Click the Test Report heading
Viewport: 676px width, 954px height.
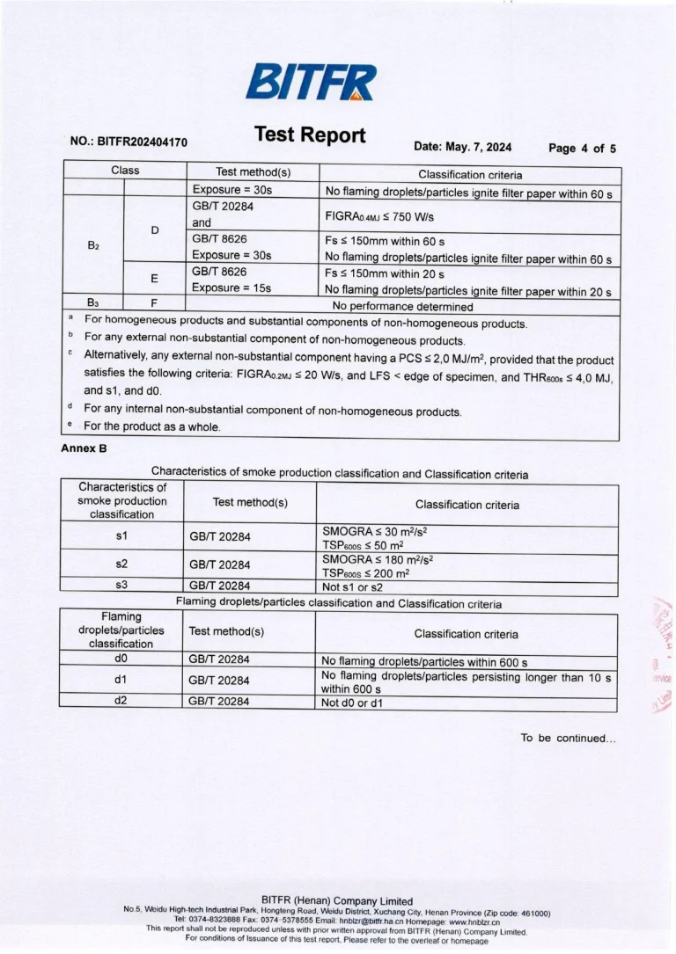(x=309, y=135)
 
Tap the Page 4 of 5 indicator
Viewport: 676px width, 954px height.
(x=582, y=148)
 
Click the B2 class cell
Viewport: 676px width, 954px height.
(x=93, y=245)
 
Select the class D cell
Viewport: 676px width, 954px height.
(x=155, y=230)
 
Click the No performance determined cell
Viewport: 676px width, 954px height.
(x=402, y=307)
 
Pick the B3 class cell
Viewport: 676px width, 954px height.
(x=93, y=302)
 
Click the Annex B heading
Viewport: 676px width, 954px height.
(x=84, y=448)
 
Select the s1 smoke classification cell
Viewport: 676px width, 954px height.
(x=122, y=535)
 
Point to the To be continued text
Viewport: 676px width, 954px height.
(x=568, y=738)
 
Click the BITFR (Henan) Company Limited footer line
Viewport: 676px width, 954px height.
(x=337, y=900)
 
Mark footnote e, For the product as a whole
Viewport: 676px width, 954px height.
(x=151, y=426)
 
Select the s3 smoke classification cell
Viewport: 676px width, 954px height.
(x=122, y=585)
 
